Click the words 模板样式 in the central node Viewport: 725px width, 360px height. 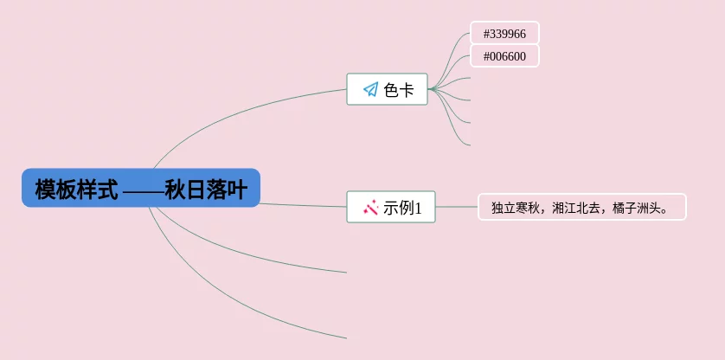coord(76,189)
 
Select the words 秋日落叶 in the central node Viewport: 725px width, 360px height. coord(206,189)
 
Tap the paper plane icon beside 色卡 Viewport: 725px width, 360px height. coord(370,89)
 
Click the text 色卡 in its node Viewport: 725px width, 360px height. coord(399,89)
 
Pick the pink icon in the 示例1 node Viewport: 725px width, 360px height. coord(370,207)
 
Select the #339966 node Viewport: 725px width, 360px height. coord(504,33)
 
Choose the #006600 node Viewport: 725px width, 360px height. coord(504,56)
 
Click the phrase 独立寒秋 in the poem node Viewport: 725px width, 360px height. coord(516,208)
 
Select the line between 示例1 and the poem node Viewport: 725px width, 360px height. coord(456,207)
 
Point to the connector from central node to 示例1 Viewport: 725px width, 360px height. coord(303,205)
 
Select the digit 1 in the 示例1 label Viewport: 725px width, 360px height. coord(418,208)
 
